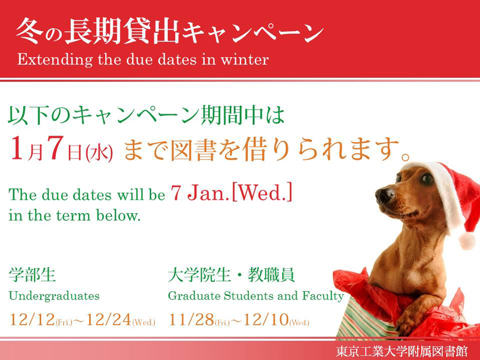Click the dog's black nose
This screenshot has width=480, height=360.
tap(384, 195)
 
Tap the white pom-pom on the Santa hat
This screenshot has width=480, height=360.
tap(467, 240)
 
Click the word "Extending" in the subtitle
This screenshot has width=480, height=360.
tap(55, 59)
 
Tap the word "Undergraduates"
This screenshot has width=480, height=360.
tap(54, 296)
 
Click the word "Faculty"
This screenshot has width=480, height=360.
tap(323, 296)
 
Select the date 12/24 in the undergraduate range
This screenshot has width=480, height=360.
tap(109, 319)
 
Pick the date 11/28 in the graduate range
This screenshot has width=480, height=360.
tap(191, 319)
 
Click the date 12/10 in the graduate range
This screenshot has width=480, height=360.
tap(266, 319)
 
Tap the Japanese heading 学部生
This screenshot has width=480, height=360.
tap(32, 274)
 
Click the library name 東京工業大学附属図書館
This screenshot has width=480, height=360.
tap(402, 351)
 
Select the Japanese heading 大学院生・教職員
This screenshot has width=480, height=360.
tap(231, 274)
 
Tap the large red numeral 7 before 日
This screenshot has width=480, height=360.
tap(55, 148)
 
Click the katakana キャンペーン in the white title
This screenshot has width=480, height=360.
tap(253, 32)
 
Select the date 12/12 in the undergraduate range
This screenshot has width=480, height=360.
tap(32, 319)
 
